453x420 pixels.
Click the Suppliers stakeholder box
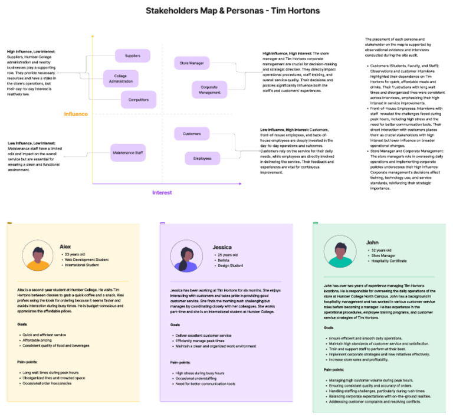point(133,56)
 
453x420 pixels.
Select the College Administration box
point(121,78)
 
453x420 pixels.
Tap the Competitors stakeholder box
point(139,100)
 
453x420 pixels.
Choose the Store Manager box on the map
point(188,63)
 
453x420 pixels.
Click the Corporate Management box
point(209,90)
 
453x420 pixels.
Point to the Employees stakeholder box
point(202,158)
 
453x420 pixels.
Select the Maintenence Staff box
point(129,153)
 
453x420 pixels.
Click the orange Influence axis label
point(76,114)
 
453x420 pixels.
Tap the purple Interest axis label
point(162,192)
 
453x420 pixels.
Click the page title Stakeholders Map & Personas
point(227,11)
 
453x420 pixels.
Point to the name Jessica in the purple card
point(221,247)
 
